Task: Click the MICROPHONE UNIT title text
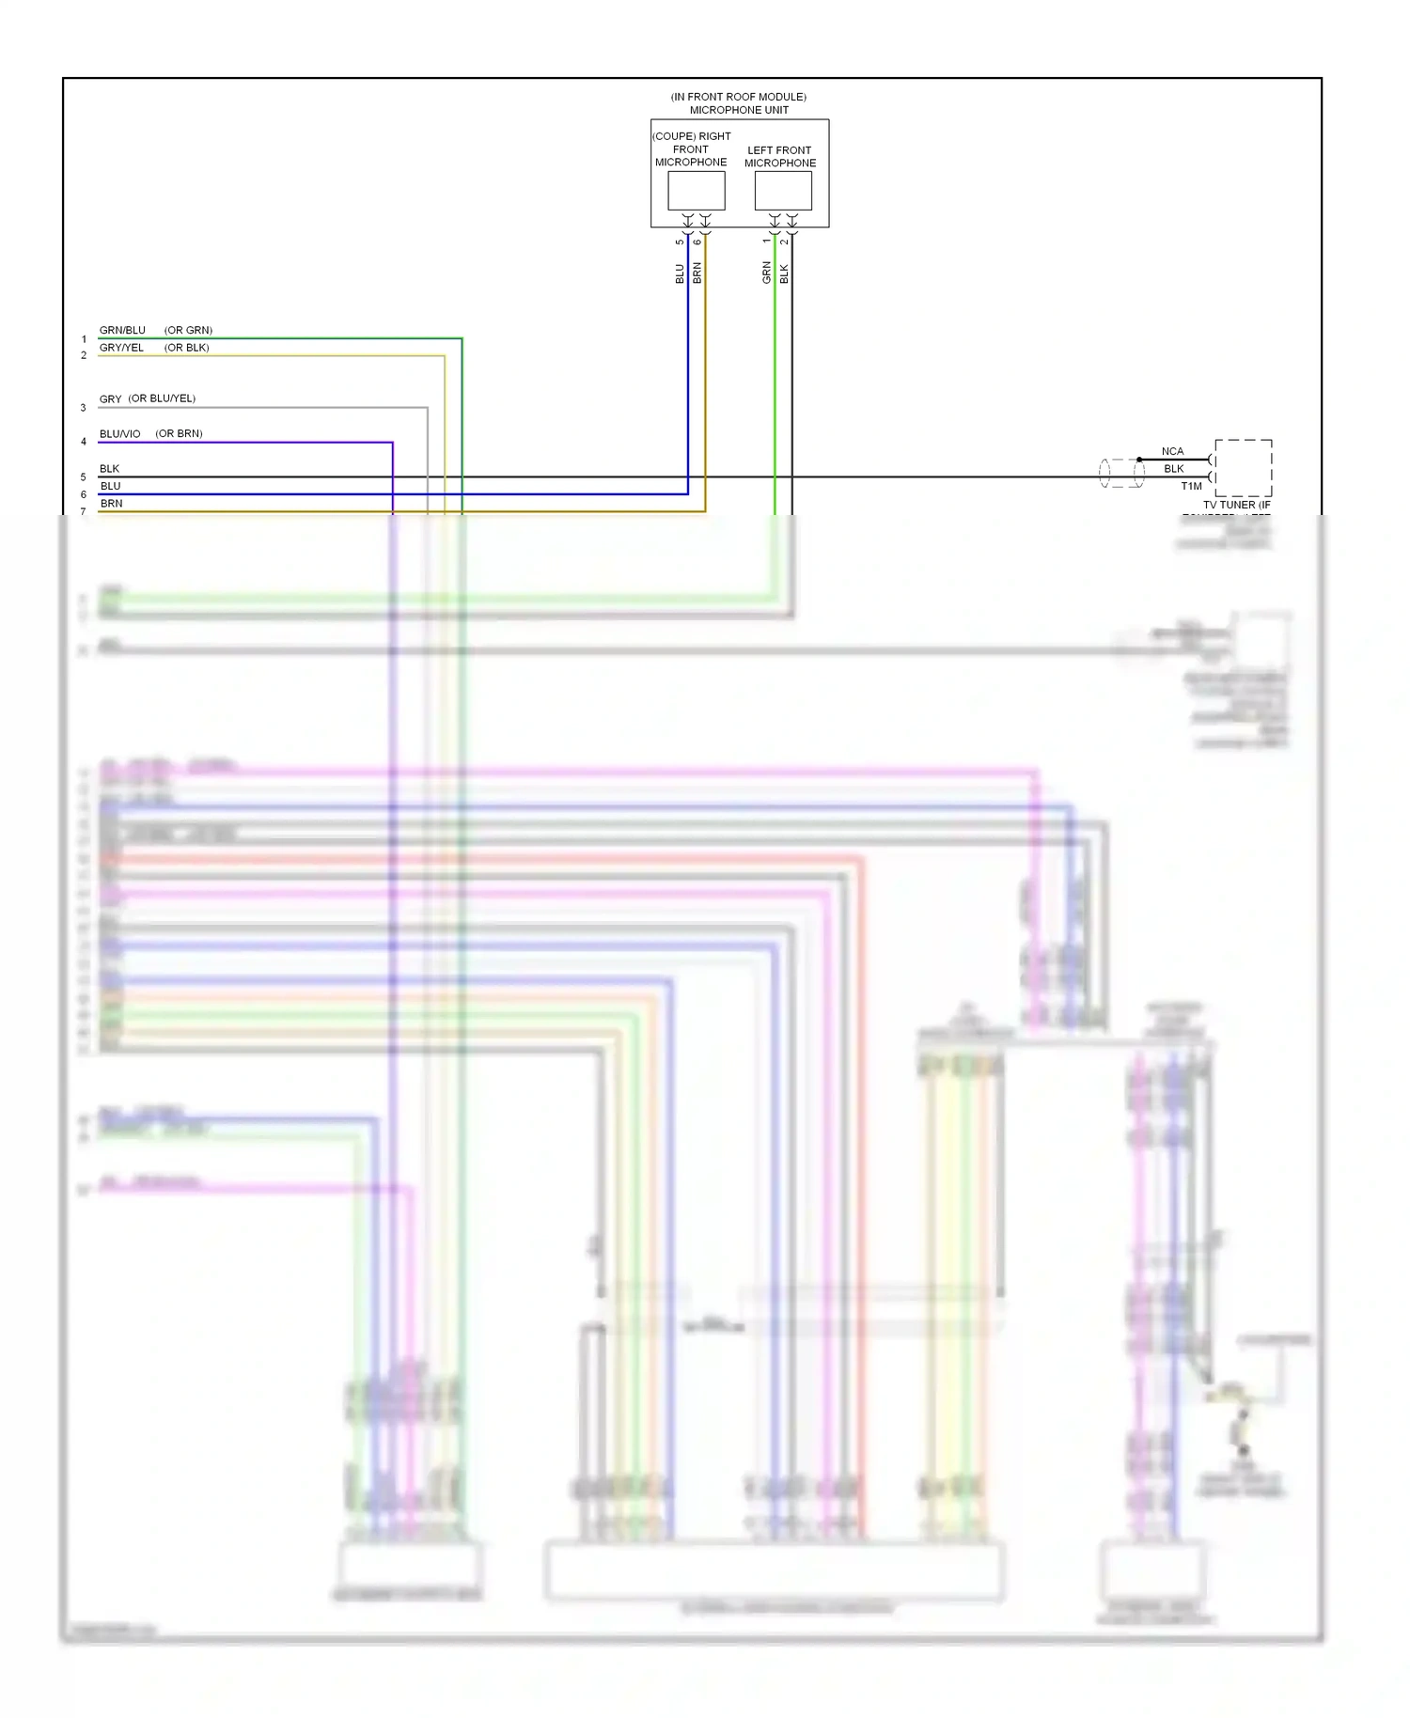point(739,110)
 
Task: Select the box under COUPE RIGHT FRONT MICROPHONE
point(696,191)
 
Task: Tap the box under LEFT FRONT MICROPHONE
point(782,191)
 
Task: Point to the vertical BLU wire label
point(680,273)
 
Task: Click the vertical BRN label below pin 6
point(697,273)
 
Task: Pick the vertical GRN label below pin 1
point(766,273)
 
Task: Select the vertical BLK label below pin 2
point(784,273)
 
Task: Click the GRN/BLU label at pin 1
point(122,330)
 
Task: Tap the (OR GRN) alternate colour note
point(188,330)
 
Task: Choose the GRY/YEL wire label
point(121,348)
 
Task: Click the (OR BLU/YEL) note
point(162,398)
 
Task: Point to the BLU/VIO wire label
point(119,433)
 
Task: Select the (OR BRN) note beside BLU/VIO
point(179,433)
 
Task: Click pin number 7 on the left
point(83,512)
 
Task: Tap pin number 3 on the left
point(83,408)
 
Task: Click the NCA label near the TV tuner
point(1172,451)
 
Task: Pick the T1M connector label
point(1191,486)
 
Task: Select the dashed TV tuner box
point(1243,468)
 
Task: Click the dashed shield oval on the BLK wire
point(1121,473)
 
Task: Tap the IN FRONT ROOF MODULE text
point(738,97)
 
